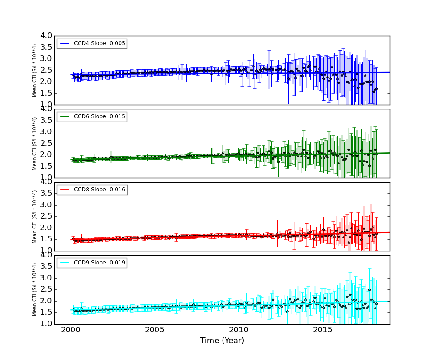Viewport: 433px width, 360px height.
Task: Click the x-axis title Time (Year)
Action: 222,341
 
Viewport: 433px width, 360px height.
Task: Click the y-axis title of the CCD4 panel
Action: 35,71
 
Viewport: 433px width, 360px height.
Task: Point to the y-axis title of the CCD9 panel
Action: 35,289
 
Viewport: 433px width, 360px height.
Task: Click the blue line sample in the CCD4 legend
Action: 65,43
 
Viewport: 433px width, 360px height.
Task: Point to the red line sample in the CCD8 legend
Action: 65,190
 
